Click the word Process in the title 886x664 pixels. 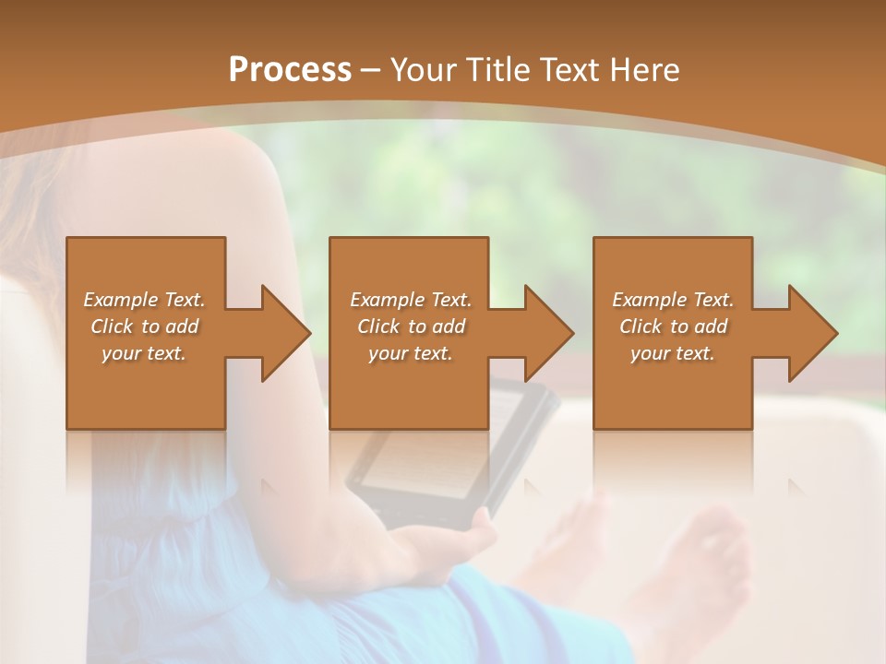[290, 70]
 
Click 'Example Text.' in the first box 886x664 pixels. [144, 300]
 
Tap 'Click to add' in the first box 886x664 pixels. [145, 326]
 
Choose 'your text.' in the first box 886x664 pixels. [144, 353]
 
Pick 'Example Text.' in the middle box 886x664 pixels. [411, 300]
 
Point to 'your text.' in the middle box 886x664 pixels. [411, 353]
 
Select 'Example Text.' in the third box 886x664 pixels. [673, 300]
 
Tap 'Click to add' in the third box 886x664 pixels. [674, 326]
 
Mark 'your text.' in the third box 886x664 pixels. [673, 353]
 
